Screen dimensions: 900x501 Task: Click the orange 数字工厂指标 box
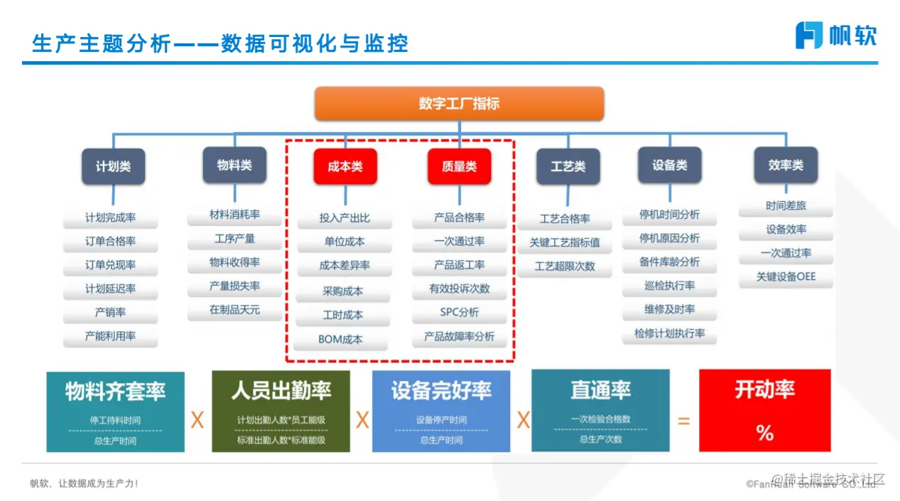click(x=459, y=104)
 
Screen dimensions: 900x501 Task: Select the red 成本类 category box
click(x=345, y=166)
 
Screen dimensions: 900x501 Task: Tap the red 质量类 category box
click(x=459, y=166)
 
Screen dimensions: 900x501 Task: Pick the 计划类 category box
click(x=114, y=167)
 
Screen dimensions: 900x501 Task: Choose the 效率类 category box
click(x=785, y=166)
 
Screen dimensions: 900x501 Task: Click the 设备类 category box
click(x=669, y=166)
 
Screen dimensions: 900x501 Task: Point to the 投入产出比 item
click(x=345, y=218)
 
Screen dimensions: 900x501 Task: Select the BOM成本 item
click(x=340, y=339)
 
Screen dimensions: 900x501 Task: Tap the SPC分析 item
click(x=459, y=313)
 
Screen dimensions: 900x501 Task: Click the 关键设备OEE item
click(x=786, y=276)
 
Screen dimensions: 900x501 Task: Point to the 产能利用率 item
click(x=110, y=336)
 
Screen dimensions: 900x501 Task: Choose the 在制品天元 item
click(x=234, y=310)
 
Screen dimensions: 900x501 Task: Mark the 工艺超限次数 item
click(x=565, y=266)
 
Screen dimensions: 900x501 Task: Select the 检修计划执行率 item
click(x=669, y=333)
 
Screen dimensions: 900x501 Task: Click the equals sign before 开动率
click(x=683, y=421)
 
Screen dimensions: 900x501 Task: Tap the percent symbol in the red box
click(x=764, y=433)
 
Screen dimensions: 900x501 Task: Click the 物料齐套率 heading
click(x=115, y=392)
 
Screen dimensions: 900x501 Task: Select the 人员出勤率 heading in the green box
click(x=281, y=390)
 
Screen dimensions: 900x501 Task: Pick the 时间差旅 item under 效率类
click(x=786, y=205)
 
